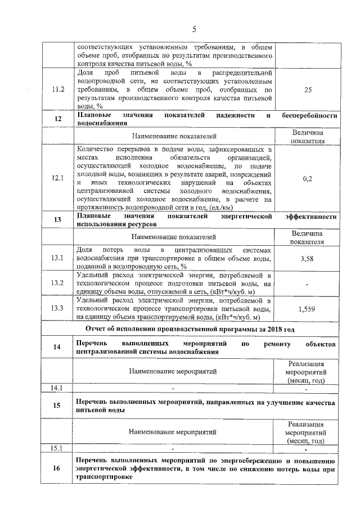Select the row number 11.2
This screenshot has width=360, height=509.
pos(58,89)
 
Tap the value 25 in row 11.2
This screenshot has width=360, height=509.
pos(307,89)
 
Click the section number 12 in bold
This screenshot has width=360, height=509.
pos(58,119)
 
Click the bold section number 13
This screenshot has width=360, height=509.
pos(58,220)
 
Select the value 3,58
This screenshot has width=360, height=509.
pos(307,258)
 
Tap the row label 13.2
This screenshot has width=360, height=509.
pos(58,283)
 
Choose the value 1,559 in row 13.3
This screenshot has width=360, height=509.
pos(307,309)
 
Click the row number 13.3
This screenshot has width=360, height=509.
pos(58,309)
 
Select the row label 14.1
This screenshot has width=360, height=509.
pos(56,388)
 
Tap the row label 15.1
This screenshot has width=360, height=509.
pos(56,448)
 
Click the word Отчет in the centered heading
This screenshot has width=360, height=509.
pos(97,328)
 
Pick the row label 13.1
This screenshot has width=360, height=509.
pos(58,258)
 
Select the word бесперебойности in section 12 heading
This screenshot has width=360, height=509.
pos(309,115)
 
